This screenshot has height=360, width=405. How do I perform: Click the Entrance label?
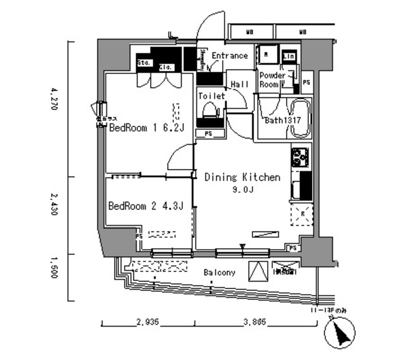229,56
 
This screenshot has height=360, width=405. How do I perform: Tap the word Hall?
239,84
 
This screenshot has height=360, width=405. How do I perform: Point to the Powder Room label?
273,80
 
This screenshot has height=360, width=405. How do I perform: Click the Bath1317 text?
282,120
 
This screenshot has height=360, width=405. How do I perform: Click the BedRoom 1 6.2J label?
146,128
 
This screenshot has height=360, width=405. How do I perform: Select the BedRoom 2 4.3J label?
146,206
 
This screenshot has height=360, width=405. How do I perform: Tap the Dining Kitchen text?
242,178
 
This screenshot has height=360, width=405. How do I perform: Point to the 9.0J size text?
242,189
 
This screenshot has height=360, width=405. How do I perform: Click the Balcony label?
220,273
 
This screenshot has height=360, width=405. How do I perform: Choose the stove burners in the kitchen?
299,155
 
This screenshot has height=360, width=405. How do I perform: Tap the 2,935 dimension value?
147,322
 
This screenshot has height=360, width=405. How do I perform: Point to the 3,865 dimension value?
255,322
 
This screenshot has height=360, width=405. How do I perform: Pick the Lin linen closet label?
289,56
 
